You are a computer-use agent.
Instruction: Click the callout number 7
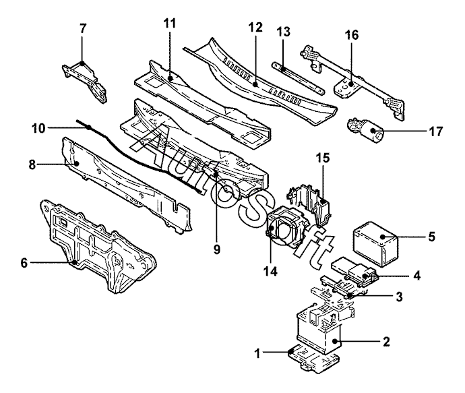pos(83,28)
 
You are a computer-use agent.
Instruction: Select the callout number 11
pos(170,23)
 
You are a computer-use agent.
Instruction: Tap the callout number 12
pos(255,27)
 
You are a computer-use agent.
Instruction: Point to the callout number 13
pos(284,32)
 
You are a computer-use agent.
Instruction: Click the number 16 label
pos(352,35)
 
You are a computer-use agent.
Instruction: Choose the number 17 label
pos(435,131)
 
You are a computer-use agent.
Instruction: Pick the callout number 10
pos(38,129)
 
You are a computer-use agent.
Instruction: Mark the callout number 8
pos(32,164)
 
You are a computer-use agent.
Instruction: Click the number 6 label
pos(24,263)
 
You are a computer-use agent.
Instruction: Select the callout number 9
pos(217,249)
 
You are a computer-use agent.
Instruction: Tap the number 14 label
pos(271,271)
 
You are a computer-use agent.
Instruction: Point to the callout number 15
pos(323,158)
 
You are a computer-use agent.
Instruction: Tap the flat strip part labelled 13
pos(298,78)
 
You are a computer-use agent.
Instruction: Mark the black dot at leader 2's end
pos(336,341)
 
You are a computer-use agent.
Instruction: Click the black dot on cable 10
pos(89,127)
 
